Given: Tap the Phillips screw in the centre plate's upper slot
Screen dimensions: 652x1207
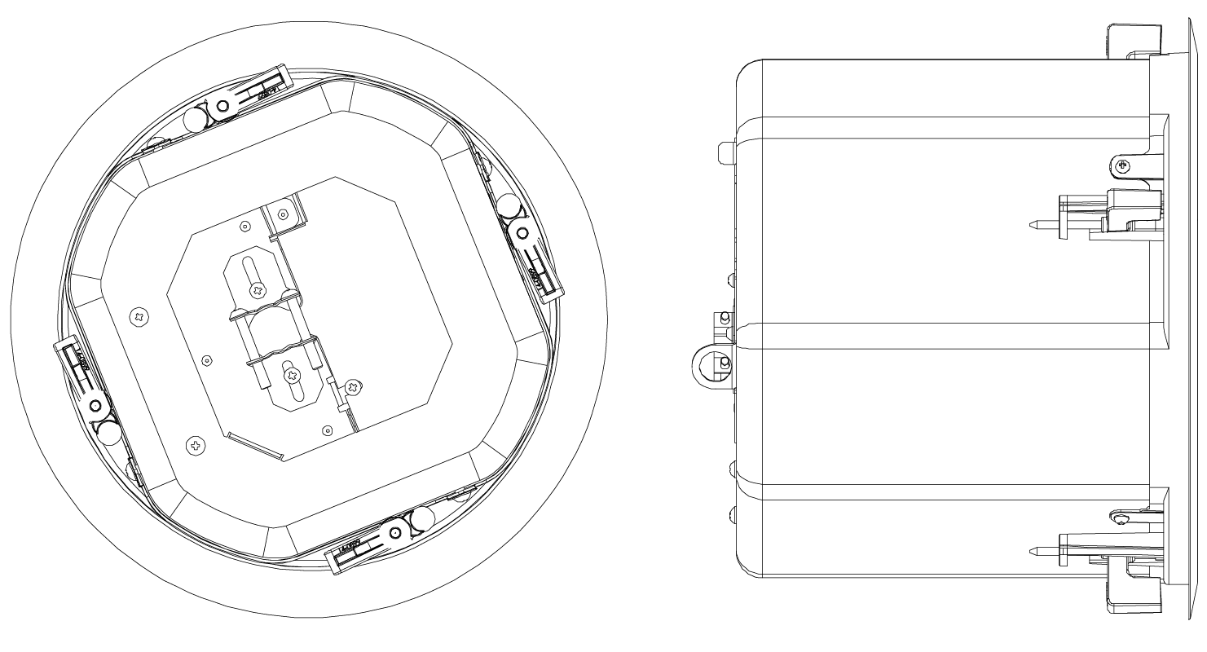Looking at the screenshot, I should [259, 289].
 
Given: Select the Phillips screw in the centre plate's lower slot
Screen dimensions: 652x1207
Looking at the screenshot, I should [289, 374].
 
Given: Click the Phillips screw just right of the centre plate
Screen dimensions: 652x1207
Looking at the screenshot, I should [352, 385].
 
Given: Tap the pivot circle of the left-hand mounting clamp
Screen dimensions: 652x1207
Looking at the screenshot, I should [96, 405].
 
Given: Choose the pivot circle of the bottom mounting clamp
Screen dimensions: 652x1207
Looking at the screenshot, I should [394, 532].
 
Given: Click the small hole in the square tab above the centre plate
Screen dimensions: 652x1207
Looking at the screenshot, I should [282, 215].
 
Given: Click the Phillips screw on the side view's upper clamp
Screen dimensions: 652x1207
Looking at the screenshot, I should [1124, 166].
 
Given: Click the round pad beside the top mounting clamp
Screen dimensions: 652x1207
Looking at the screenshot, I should [195, 121].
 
